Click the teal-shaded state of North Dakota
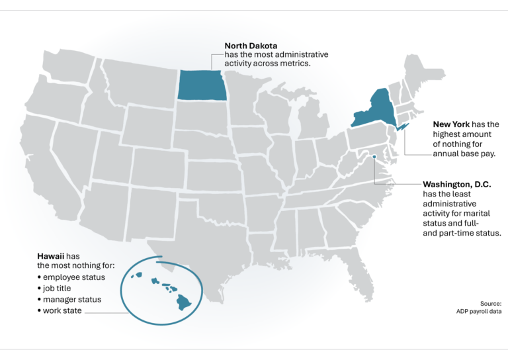click(202, 85)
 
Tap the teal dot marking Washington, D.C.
click(374, 157)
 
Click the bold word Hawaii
click(50, 255)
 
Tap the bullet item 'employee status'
click(74, 277)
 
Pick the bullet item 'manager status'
click(72, 299)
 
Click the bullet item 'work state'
click(63, 310)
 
